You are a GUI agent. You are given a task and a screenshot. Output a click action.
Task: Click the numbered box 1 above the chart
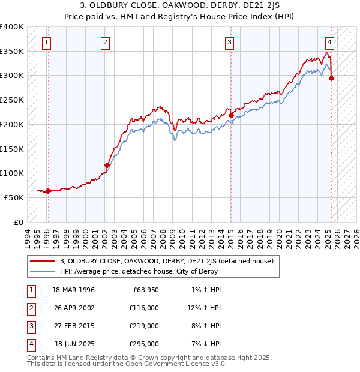pos(47,42)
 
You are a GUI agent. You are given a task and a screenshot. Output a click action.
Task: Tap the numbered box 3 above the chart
pos(230,42)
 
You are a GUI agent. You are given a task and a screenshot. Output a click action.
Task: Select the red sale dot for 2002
pos(107,165)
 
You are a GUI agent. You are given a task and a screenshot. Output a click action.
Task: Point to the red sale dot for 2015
pos(231,115)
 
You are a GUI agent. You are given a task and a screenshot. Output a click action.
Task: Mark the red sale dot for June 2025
pos(332,78)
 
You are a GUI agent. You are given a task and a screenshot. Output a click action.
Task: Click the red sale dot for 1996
pos(48,191)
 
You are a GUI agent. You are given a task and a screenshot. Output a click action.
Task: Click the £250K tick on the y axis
pos(12,100)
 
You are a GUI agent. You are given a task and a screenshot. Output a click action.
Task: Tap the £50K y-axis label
pos(14,197)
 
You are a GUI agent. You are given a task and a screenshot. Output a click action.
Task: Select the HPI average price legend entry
pos(139,271)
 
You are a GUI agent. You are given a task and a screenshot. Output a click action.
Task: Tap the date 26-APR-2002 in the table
pos(74,308)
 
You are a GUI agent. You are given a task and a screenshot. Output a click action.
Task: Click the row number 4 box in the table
pos(30,344)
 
